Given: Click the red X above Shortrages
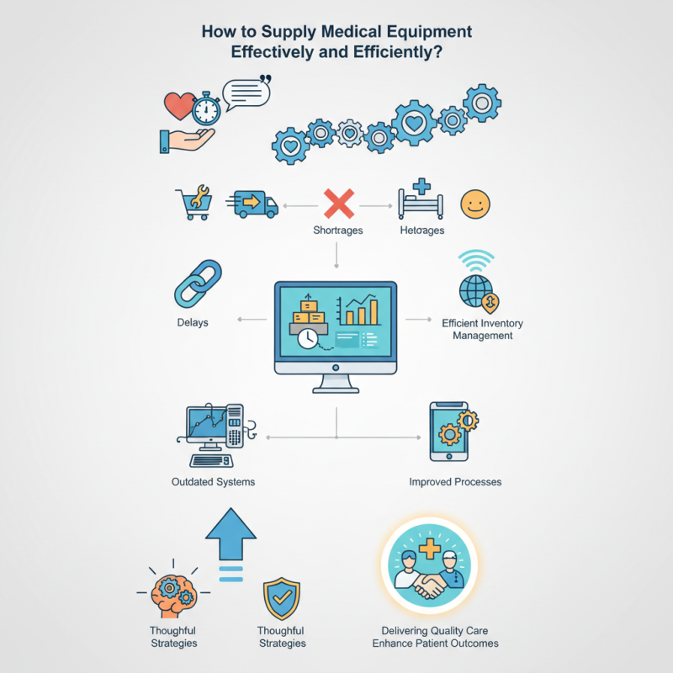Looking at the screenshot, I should (x=338, y=204).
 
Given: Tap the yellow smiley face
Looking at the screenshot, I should (x=474, y=204).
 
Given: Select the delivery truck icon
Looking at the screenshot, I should (x=255, y=204).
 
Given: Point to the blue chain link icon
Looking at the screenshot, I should (x=198, y=283).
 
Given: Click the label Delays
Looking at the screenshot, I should (x=193, y=322).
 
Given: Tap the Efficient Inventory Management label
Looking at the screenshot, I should (x=477, y=328).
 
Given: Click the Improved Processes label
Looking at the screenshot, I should (x=455, y=482).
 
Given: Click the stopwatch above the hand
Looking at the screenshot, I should (x=206, y=109).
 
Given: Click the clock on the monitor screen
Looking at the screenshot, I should (x=309, y=338).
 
